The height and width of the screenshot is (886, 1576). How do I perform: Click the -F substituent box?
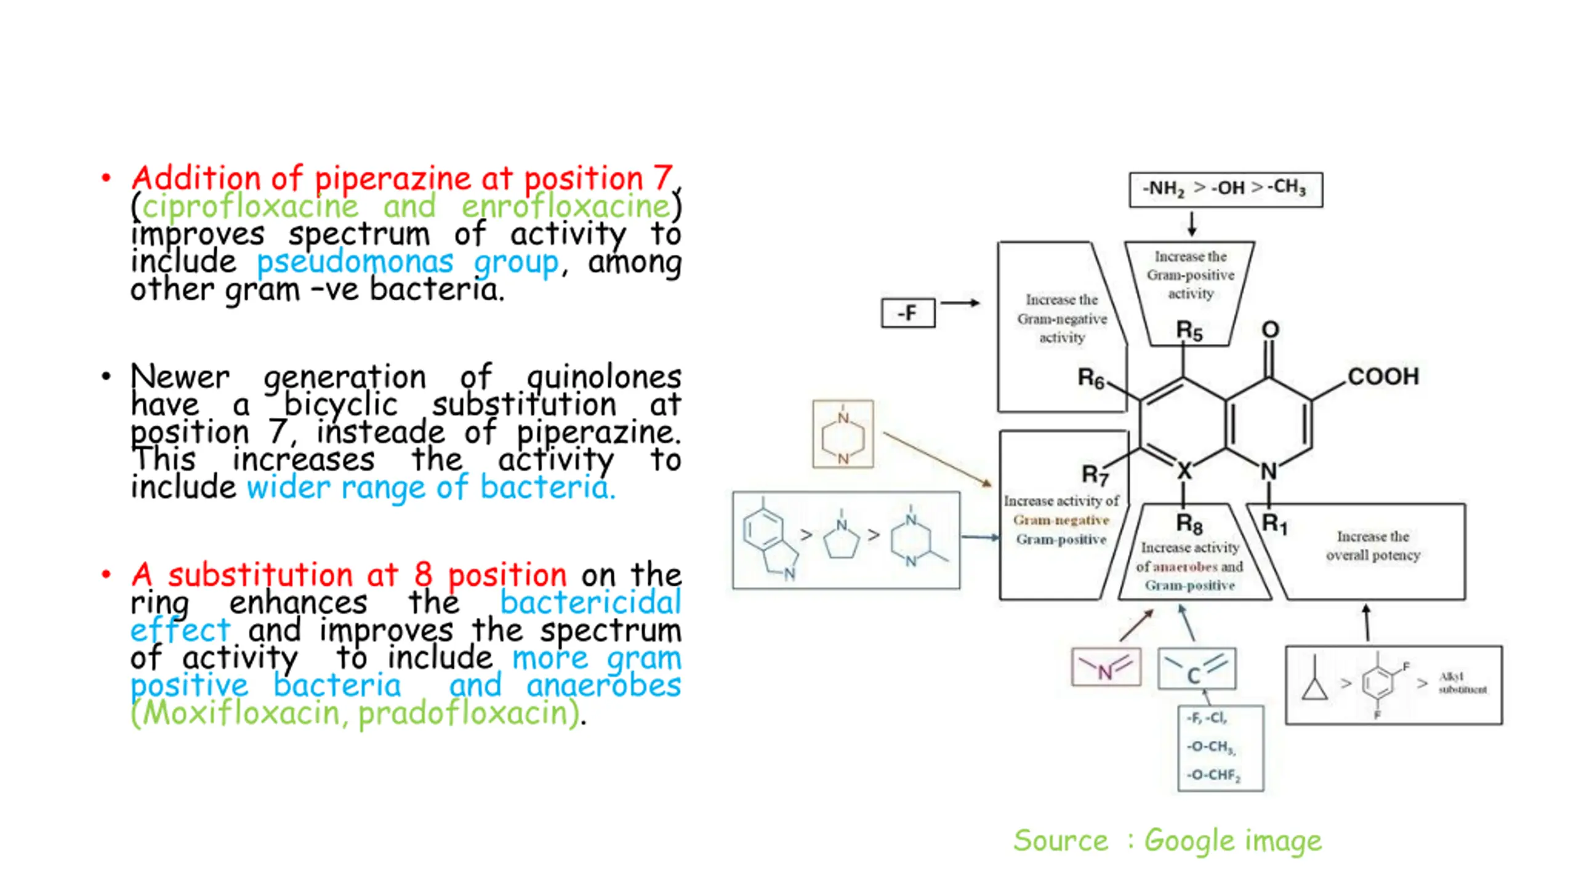tap(908, 313)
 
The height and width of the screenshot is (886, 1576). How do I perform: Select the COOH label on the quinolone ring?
tap(1383, 376)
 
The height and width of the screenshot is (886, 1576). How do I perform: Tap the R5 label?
tap(1189, 331)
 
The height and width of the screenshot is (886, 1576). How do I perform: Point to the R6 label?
tap(1091, 378)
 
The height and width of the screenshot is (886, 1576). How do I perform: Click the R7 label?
tap(1095, 474)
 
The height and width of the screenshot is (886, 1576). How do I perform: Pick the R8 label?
tap(1189, 524)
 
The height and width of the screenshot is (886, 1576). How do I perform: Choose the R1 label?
tap(1274, 524)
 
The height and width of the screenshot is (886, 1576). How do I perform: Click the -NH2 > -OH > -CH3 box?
tap(1225, 188)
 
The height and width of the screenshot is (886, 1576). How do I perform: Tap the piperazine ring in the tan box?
tap(843, 435)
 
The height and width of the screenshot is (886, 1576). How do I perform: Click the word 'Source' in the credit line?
tap(1060, 840)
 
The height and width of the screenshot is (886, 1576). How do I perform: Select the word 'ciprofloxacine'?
tap(250, 206)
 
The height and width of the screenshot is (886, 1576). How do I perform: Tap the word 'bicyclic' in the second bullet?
tap(340, 405)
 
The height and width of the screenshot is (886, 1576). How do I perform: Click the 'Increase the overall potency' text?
tap(1373, 546)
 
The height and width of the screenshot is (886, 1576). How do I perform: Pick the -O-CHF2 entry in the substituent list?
tap(1213, 775)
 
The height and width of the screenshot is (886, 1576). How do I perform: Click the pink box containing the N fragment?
tap(1106, 667)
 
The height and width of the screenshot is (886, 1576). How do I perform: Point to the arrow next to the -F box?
tap(960, 303)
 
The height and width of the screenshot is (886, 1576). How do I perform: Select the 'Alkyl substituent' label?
tap(1462, 683)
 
